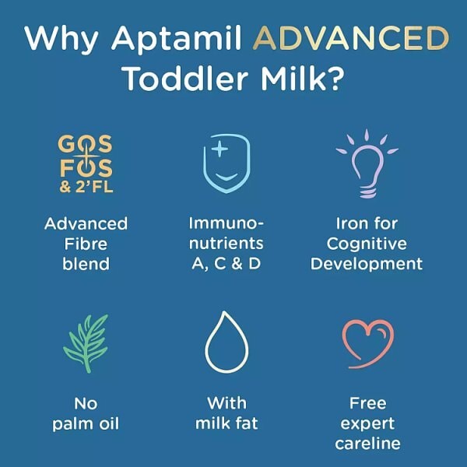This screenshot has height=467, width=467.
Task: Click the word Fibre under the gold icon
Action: point(86,243)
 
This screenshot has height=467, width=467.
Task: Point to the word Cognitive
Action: point(366,243)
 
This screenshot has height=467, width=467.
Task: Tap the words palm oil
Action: point(86,423)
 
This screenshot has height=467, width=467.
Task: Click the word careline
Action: point(366,443)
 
